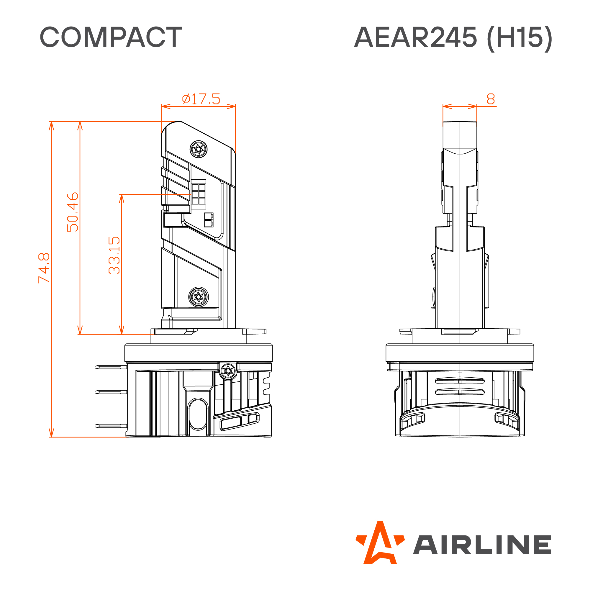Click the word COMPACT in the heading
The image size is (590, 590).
click(x=111, y=37)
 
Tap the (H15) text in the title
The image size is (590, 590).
click(x=519, y=38)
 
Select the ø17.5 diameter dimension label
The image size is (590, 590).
click(x=201, y=99)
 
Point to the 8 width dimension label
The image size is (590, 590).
click(x=491, y=99)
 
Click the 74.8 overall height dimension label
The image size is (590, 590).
click(x=44, y=268)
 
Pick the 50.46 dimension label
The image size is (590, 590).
click(x=72, y=212)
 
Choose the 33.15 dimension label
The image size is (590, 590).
click(x=114, y=255)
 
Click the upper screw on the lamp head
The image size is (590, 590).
click(x=199, y=149)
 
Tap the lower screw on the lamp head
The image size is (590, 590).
click(x=199, y=297)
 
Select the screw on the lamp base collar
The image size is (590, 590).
click(x=228, y=371)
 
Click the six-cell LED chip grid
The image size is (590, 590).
click(x=199, y=194)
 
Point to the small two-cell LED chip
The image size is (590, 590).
click(x=209, y=220)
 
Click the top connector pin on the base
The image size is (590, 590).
click(x=111, y=367)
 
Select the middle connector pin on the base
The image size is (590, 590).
click(x=111, y=392)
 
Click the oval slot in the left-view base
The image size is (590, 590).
click(x=198, y=414)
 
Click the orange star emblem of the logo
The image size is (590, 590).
click(x=380, y=543)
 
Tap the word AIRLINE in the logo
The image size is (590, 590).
click(x=483, y=545)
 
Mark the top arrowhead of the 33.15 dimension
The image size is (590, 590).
click(x=122, y=199)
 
